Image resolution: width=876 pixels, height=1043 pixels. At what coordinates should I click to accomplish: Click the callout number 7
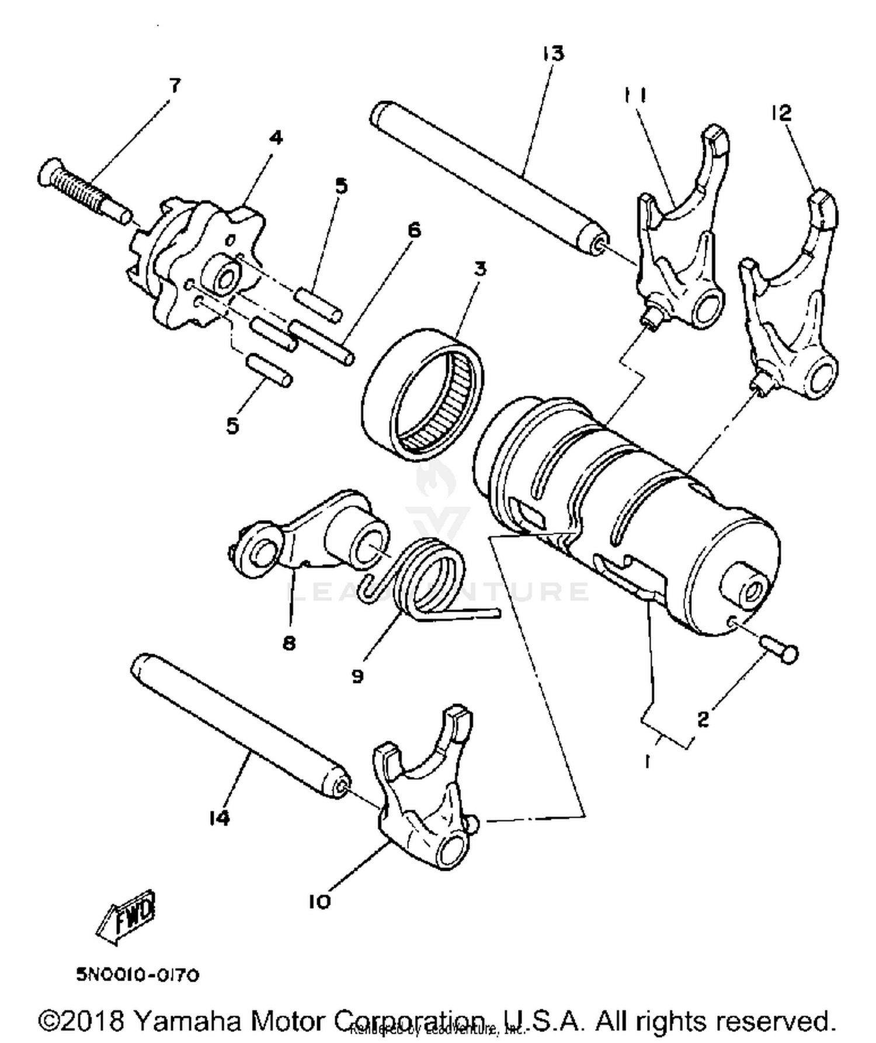point(175,86)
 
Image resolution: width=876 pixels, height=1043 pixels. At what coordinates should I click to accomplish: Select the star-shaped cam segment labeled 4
point(196,268)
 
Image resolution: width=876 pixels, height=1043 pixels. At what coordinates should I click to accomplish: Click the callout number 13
point(552,54)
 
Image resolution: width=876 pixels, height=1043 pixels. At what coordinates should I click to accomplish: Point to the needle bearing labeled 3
point(423,394)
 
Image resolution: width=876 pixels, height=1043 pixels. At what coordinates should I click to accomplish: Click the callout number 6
point(413,230)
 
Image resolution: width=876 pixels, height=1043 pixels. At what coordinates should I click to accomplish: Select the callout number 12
point(781,112)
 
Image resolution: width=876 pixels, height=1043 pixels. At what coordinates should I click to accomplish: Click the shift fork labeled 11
point(680,245)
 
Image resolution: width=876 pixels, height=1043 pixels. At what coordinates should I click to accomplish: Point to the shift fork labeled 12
point(791,309)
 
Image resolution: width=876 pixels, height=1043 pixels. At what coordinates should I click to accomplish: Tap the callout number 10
point(319,901)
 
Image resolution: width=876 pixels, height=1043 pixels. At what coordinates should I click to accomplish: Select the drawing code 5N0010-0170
point(138,975)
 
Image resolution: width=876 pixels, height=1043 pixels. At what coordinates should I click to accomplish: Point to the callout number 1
point(647,761)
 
